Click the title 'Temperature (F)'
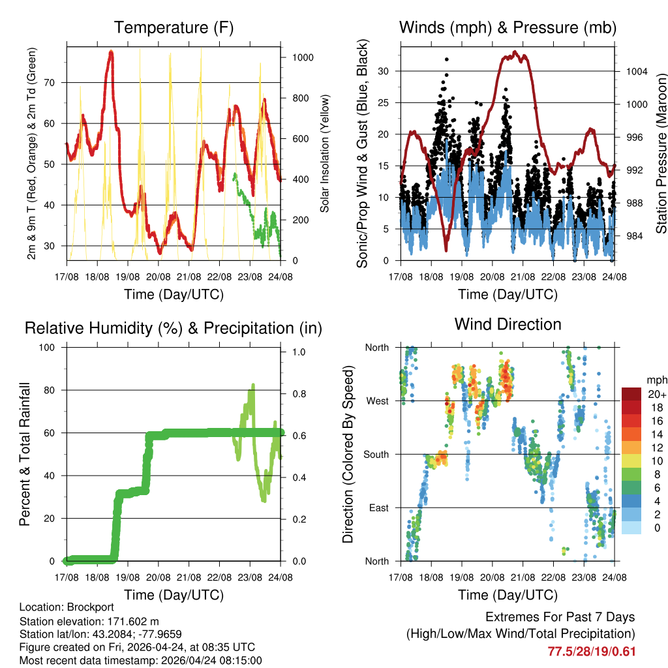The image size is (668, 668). click(174, 28)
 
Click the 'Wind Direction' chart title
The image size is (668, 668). click(508, 324)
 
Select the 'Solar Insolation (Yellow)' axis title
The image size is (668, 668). click(325, 153)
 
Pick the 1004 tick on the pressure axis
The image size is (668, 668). click(635, 71)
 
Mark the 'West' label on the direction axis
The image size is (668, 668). click(378, 401)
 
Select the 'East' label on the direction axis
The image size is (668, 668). click(378, 508)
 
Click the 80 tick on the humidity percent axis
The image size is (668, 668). click(52, 390)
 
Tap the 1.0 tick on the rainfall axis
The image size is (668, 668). click(299, 352)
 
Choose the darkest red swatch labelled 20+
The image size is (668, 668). click(631, 394)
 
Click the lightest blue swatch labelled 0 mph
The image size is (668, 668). click(631, 528)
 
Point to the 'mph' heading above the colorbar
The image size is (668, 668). click(657, 380)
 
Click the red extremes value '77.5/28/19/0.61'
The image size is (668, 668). click(591, 651)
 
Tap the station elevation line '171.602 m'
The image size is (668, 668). click(89, 621)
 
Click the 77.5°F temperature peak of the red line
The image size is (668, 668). click(111, 52)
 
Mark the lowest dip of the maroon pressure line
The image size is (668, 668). click(446, 250)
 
